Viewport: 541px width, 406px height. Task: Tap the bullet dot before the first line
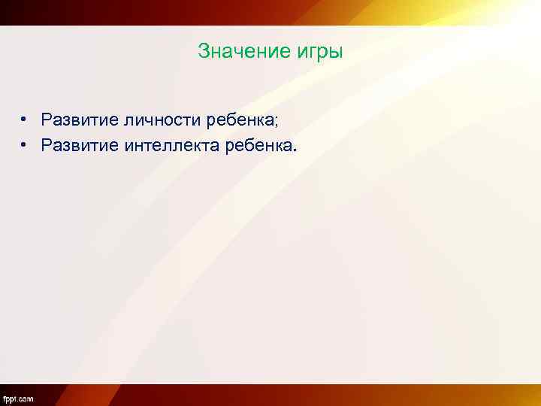click(24, 120)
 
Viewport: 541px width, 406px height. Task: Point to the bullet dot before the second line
click(24, 144)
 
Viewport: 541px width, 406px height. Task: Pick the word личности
click(159, 120)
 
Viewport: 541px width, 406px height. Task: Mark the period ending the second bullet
click(296, 148)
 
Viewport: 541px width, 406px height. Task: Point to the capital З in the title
click(203, 52)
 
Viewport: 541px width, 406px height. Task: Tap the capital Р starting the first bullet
click(47, 120)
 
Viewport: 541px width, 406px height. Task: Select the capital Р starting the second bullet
click(47, 144)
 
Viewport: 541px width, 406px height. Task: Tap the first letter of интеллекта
click(121, 144)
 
